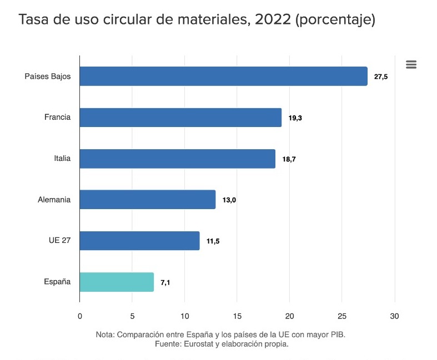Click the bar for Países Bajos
point(223,77)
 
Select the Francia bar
point(180,118)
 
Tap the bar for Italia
point(177,159)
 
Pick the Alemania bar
point(147,200)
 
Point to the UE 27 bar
point(139,241)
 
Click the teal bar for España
point(117,282)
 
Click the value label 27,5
point(380,77)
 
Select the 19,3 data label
point(295,118)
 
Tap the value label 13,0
point(229,200)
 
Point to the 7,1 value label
point(165,282)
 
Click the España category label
point(57,282)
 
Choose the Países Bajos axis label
point(48,77)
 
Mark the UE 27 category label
point(59,241)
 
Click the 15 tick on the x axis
point(237,316)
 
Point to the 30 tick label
point(394,316)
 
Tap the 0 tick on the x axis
point(80,316)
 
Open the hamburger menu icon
point(411,64)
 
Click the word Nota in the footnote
point(105,335)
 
